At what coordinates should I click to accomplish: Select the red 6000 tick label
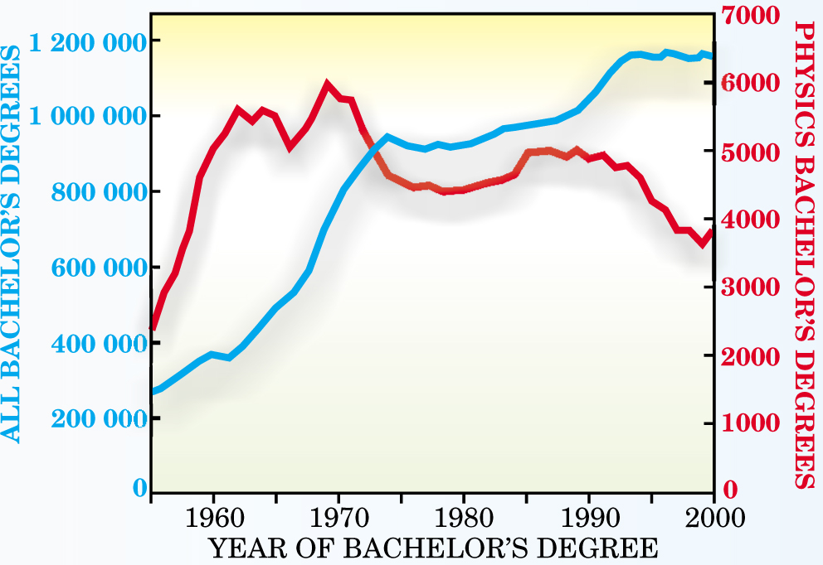pos(750,84)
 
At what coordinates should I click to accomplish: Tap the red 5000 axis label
pos(750,152)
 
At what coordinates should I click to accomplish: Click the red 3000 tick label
pos(750,287)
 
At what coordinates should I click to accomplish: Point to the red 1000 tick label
pos(750,423)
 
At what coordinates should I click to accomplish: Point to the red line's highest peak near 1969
pos(327,84)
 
